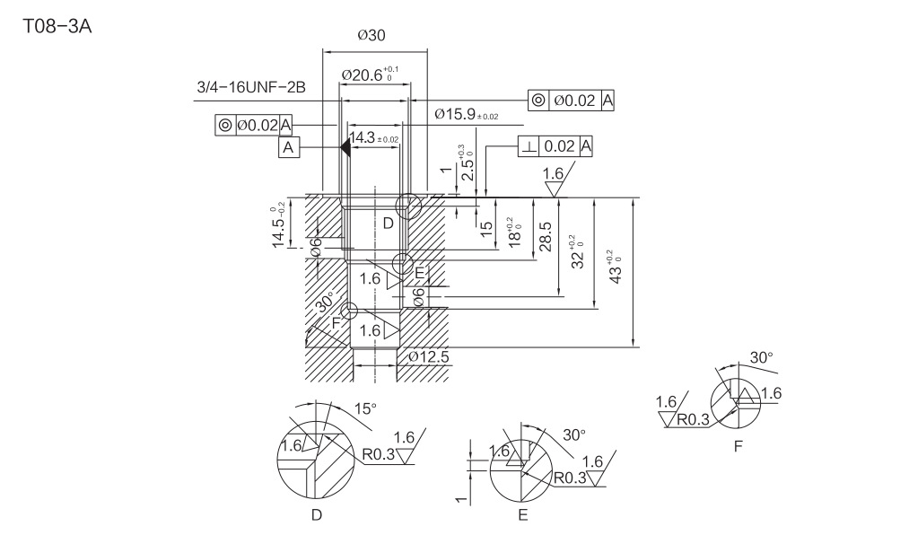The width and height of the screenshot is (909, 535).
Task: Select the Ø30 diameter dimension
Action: tap(371, 36)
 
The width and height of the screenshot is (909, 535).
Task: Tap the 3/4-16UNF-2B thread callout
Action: tap(251, 87)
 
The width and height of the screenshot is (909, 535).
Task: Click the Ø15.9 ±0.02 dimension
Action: tap(465, 115)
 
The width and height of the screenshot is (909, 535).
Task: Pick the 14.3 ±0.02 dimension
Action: tap(374, 138)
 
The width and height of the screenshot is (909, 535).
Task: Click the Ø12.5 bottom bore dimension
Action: tap(429, 357)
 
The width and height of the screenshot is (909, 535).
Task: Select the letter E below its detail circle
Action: tap(522, 515)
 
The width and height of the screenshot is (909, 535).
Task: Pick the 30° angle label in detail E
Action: tap(574, 434)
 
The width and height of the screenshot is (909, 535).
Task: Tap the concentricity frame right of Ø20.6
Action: tap(572, 101)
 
